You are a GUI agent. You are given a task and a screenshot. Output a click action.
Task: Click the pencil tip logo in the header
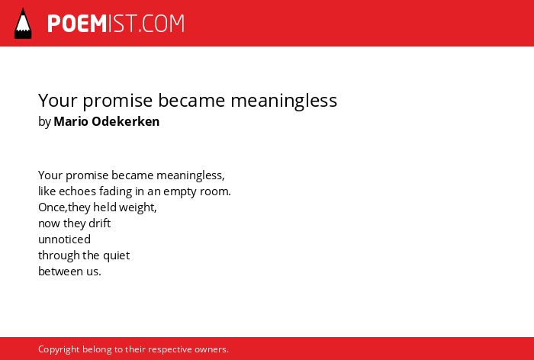pos(23,24)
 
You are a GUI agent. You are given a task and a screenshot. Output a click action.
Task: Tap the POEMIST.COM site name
pos(116,24)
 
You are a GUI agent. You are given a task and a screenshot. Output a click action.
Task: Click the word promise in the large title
pos(117,101)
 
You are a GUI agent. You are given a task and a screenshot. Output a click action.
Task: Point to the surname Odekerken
pos(126,121)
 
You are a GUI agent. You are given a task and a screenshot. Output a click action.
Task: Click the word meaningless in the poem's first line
pos(191,175)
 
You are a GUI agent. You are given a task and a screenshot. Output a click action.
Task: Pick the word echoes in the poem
pos(77,191)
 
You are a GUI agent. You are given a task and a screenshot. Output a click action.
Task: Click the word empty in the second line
pos(180,192)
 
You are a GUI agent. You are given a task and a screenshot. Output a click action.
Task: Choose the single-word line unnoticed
pos(64,239)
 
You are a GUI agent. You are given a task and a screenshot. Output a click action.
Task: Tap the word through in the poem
pos(59,256)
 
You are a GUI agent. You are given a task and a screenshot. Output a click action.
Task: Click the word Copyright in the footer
pos(59,350)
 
